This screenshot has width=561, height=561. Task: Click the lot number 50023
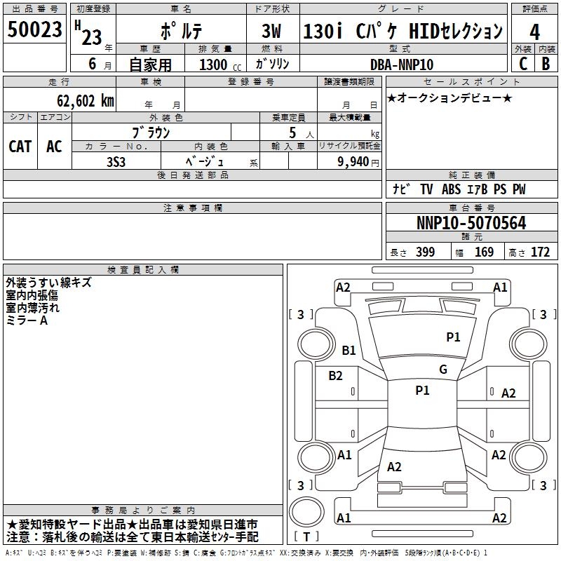(x=34, y=29)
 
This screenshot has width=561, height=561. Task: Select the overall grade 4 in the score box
(x=534, y=32)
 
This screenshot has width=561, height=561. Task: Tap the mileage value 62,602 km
(x=85, y=101)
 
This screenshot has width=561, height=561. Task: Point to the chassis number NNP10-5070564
(x=471, y=223)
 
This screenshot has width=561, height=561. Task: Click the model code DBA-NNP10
(x=401, y=65)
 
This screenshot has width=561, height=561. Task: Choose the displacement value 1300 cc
(x=220, y=65)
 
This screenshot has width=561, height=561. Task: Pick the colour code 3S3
(x=116, y=162)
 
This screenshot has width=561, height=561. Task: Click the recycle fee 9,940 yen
(x=358, y=162)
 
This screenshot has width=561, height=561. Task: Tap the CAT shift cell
(x=20, y=147)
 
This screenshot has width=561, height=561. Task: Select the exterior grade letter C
(x=523, y=64)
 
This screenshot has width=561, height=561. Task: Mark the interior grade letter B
(x=546, y=64)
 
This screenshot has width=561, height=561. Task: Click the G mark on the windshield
(x=443, y=370)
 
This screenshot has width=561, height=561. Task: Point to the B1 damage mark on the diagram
(x=349, y=350)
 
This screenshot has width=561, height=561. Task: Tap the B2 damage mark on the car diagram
(x=335, y=376)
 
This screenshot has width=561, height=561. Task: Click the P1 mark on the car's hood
(x=453, y=337)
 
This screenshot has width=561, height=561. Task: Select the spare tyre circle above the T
(x=306, y=512)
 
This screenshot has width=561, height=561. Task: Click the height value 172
(x=540, y=252)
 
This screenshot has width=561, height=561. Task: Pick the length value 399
(x=425, y=252)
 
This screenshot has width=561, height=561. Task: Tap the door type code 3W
(x=271, y=31)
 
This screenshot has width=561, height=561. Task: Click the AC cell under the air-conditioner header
(x=54, y=147)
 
